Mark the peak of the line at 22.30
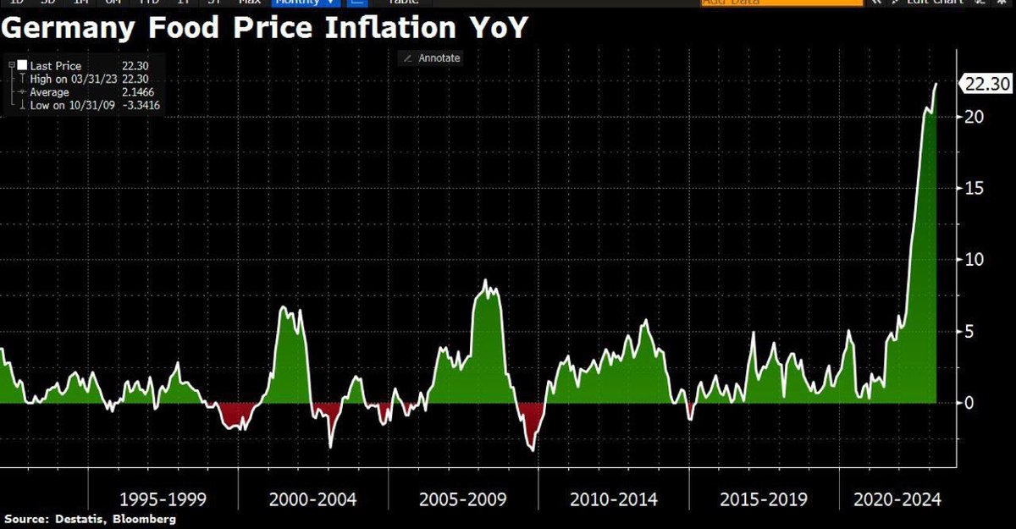(x=936, y=84)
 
